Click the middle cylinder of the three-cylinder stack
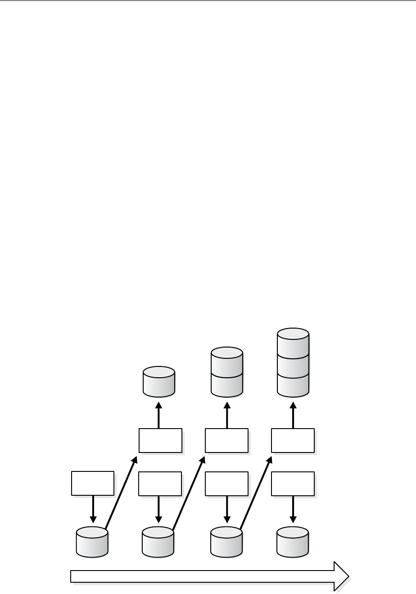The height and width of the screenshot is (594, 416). click(x=293, y=364)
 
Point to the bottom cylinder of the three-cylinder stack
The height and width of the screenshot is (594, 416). click(x=293, y=384)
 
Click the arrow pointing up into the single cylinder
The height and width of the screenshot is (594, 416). click(x=158, y=415)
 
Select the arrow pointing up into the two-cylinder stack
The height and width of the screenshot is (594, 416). click(x=227, y=415)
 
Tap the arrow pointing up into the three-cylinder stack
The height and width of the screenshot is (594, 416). click(x=293, y=415)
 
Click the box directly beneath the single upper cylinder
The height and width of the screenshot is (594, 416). click(x=160, y=440)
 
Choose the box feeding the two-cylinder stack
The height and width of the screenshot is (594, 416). click(x=226, y=440)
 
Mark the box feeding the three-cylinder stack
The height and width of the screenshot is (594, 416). click(x=293, y=440)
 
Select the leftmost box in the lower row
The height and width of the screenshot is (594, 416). click(x=93, y=483)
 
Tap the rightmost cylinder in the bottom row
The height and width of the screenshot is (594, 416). click(x=293, y=542)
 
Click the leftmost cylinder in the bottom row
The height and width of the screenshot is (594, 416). click(x=92, y=542)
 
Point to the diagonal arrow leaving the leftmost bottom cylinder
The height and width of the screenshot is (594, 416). click(x=121, y=493)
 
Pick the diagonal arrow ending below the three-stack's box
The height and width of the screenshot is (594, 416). click(x=256, y=493)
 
